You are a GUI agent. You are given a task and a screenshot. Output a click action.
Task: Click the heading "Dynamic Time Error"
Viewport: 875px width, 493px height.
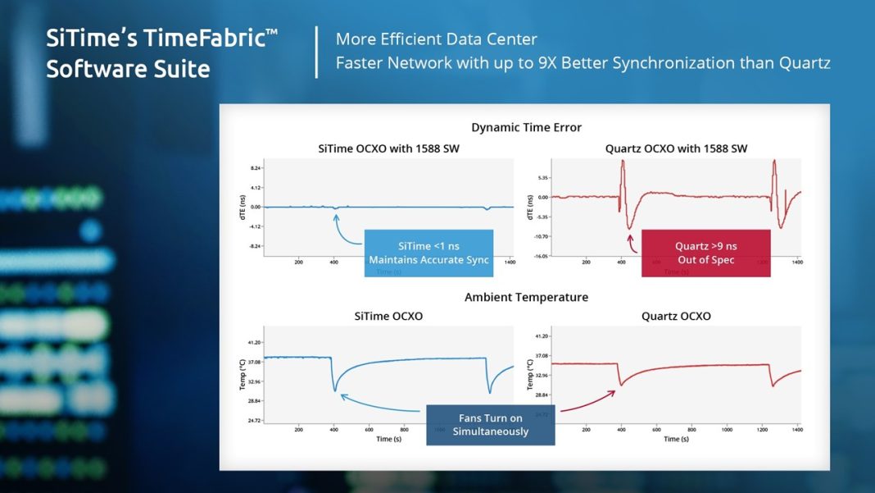point(526,127)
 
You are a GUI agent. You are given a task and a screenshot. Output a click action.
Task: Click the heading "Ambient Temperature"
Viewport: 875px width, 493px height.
point(526,297)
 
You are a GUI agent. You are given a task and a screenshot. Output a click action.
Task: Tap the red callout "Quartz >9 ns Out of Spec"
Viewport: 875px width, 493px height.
point(705,253)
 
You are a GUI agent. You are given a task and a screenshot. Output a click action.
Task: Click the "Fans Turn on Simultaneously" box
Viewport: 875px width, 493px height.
point(490,424)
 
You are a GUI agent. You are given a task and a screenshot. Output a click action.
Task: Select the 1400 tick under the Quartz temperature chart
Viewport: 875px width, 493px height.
point(796,429)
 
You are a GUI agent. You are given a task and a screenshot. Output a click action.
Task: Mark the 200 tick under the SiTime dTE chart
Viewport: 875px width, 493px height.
point(298,262)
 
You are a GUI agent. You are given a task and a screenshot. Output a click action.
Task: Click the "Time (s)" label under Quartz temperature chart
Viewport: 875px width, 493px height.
point(676,439)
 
